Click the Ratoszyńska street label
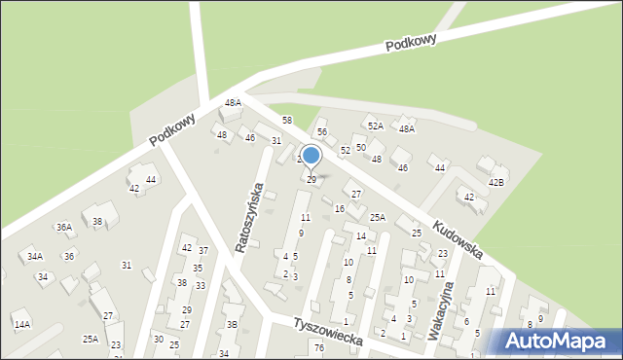click(x=249, y=216)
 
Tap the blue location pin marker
click(x=311, y=157)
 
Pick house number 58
click(x=287, y=120)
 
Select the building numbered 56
click(x=322, y=131)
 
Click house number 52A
click(x=375, y=126)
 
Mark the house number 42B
click(x=496, y=182)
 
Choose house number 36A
click(x=64, y=227)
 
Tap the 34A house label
click(x=35, y=257)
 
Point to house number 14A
click(x=22, y=324)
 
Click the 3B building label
click(x=232, y=324)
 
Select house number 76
click(x=318, y=347)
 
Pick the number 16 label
click(x=340, y=208)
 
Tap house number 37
click(x=203, y=251)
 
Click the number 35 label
click(x=198, y=268)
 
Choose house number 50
click(x=360, y=147)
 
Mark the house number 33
click(x=201, y=285)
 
